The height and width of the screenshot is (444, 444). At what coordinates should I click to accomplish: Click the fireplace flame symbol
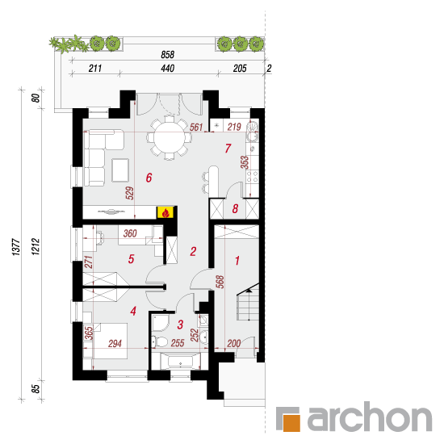[165, 212]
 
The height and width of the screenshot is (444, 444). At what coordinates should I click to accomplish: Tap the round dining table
[169, 139]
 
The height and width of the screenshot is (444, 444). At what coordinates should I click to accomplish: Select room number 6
[149, 178]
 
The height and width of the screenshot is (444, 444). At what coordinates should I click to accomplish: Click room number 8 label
[235, 209]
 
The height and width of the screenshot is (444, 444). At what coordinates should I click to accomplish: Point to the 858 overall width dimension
[167, 55]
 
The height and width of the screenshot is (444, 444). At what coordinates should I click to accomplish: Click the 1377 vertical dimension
[16, 247]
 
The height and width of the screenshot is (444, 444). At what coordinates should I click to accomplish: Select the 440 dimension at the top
[167, 69]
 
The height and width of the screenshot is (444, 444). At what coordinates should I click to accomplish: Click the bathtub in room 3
[180, 362]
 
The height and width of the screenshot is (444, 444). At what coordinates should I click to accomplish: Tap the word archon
[370, 417]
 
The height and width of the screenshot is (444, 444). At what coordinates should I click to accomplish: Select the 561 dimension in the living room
[196, 127]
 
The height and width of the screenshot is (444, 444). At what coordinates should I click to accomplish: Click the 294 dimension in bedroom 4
[115, 344]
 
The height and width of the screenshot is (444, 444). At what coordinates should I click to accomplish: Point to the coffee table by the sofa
[120, 170]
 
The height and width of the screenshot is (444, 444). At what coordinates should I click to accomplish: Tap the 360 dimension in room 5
[130, 233]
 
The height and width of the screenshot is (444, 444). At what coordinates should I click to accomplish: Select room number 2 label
[193, 251]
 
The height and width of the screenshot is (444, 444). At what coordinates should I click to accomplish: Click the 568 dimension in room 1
[220, 282]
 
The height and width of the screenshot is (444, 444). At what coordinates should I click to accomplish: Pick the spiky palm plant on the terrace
[69, 44]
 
